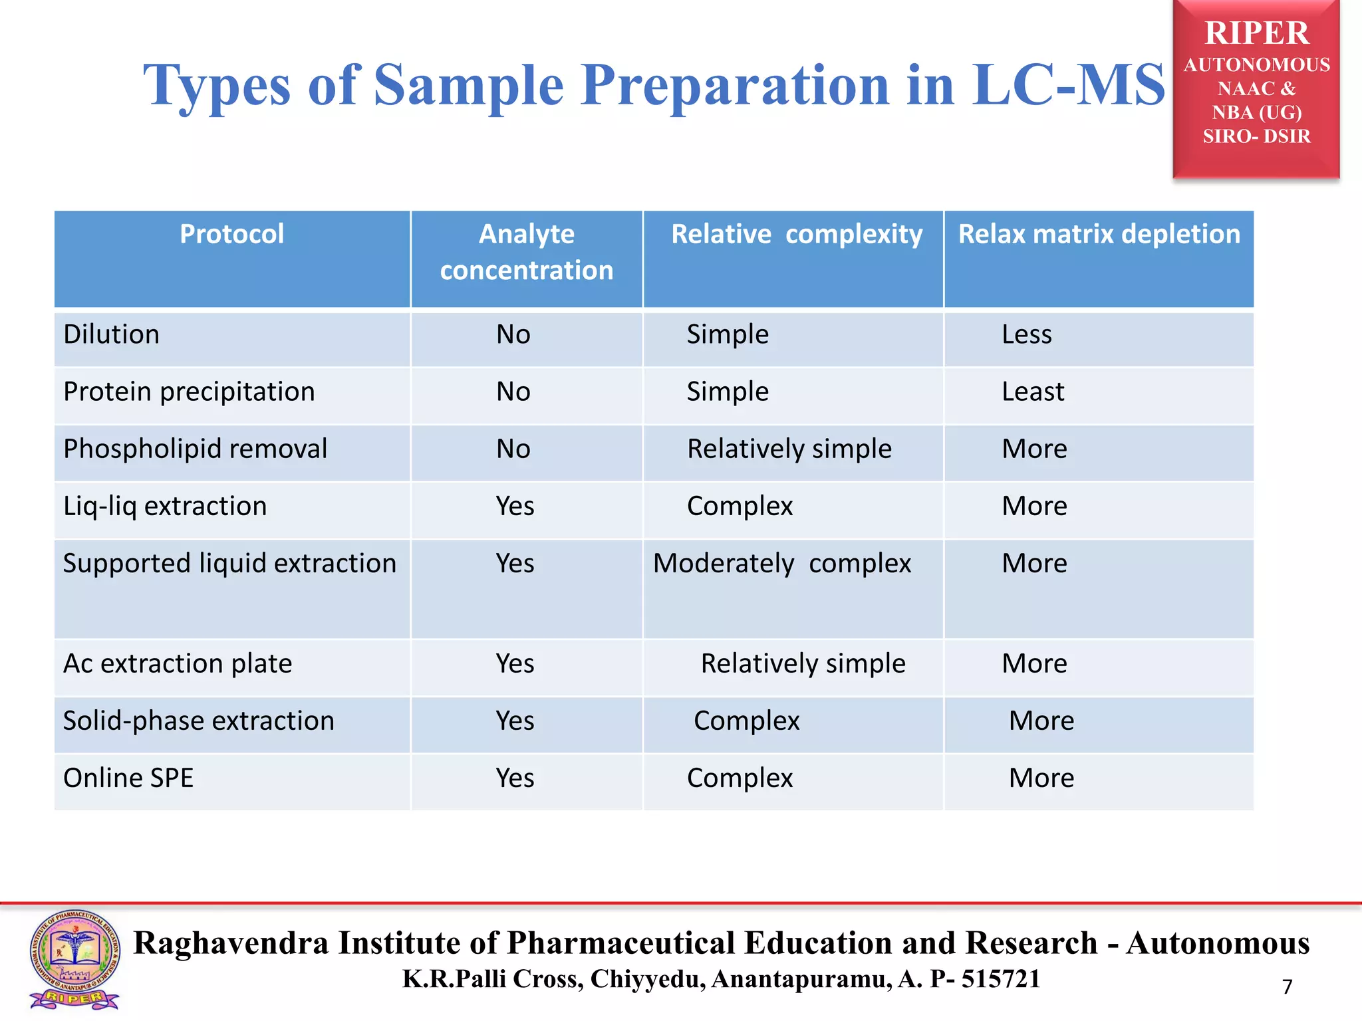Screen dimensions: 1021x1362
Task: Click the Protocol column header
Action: [x=231, y=235]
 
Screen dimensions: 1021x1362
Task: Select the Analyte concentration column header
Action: [x=526, y=252]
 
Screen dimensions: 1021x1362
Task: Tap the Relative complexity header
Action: [x=796, y=235]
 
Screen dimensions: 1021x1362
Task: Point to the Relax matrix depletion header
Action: [x=1099, y=235]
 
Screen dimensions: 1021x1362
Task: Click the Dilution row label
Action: [x=111, y=334]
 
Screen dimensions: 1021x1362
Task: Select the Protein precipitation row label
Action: [x=189, y=392]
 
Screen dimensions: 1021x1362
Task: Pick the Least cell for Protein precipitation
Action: [x=1032, y=392]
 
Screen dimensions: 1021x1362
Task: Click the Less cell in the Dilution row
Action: [x=1026, y=334]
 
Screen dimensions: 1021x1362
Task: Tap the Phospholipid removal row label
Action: [x=195, y=449]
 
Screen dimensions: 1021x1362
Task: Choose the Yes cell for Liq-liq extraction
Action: [x=515, y=506]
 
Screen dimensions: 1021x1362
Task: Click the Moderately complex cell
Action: [x=781, y=564]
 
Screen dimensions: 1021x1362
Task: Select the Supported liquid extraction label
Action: [x=229, y=564]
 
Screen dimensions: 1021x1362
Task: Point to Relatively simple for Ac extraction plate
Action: [x=803, y=663]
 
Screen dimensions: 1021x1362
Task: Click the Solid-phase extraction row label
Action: [x=198, y=721]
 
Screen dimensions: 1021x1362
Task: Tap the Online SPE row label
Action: [x=128, y=778]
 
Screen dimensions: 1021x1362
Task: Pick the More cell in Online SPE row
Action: [x=1041, y=778]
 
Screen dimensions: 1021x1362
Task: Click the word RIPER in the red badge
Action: [x=1256, y=33]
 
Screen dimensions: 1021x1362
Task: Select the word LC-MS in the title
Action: [x=1067, y=85]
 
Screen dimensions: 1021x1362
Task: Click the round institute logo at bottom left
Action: [x=74, y=957]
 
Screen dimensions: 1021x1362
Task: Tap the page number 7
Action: [x=1287, y=986]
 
